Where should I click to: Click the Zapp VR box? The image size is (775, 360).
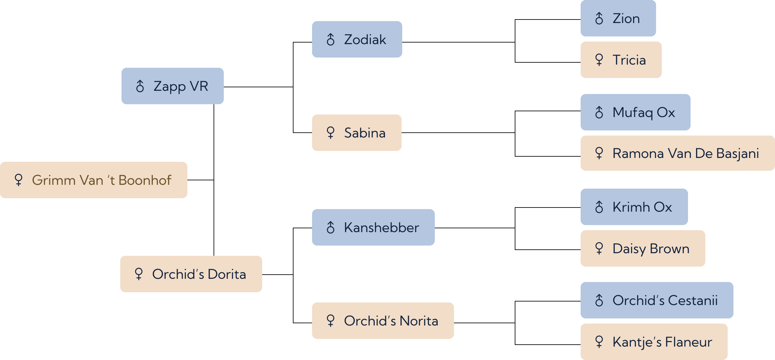(173, 86)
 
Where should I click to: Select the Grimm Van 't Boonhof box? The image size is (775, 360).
(94, 180)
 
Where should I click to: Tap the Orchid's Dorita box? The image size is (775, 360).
(191, 274)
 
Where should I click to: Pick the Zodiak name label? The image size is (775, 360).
(365, 40)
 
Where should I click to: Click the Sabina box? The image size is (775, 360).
(357, 133)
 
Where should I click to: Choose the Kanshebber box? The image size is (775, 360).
(373, 227)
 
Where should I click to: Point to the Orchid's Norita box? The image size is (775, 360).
(383, 321)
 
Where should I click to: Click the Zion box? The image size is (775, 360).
(618, 18)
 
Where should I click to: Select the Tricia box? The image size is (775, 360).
(621, 60)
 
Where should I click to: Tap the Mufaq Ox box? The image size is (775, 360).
(636, 112)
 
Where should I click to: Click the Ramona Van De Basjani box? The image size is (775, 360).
(678, 153)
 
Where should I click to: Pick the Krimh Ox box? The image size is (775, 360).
(634, 207)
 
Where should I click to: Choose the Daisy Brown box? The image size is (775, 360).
(643, 248)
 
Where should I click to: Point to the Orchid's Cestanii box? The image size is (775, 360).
(657, 300)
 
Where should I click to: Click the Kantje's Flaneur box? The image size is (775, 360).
(654, 342)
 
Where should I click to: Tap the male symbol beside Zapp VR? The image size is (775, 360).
(140, 86)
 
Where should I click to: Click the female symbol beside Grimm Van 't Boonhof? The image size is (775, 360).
(19, 180)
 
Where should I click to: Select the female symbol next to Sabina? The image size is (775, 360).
(331, 132)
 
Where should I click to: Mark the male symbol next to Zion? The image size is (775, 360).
(599, 18)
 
